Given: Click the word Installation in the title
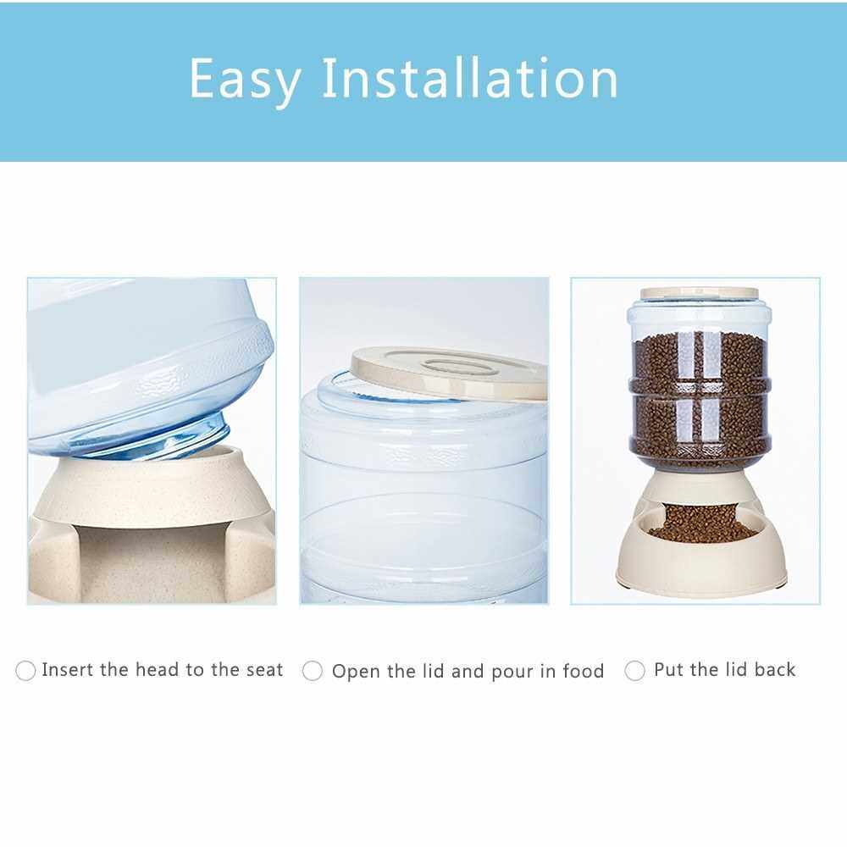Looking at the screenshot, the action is (x=470, y=78).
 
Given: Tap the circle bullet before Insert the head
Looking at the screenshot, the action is (x=25, y=670).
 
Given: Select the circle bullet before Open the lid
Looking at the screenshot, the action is (x=313, y=671).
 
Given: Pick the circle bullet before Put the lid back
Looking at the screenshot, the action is (x=634, y=670).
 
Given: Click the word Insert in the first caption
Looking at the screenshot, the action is (x=68, y=670).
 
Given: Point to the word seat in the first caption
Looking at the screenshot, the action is (x=264, y=670).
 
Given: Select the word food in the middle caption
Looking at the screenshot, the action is (x=583, y=672).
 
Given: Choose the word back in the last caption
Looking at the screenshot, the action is (x=775, y=670).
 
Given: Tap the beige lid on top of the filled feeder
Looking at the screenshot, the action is (x=700, y=293).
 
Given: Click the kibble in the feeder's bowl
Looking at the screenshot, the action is (x=701, y=526).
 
